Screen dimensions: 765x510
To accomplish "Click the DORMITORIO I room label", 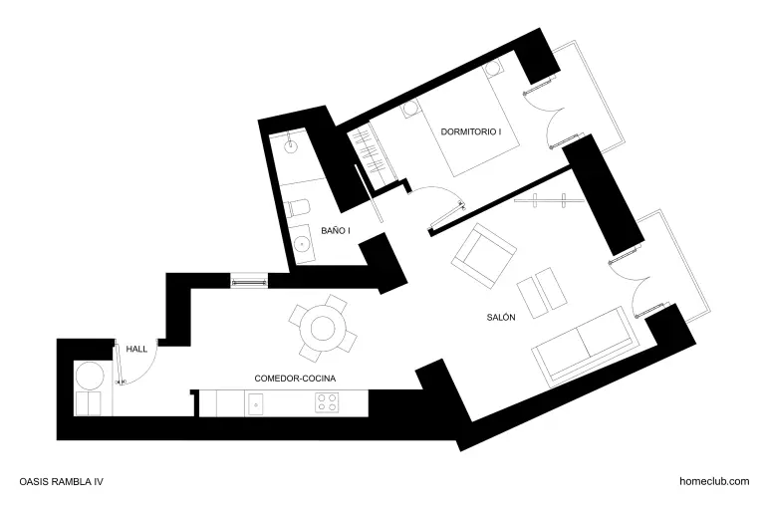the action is point(471,131).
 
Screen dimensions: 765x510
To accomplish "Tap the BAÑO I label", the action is point(336,230).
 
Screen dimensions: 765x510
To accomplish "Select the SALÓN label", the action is point(501,317).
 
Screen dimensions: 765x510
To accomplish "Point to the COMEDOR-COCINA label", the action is point(295,379).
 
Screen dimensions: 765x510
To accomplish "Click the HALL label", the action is point(136,349).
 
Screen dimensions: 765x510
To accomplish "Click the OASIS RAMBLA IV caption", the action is point(62,482).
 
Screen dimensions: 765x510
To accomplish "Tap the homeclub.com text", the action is point(714,481).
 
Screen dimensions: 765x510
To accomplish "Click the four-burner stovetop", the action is point(327,403).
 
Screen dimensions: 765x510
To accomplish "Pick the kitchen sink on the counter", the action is point(256,404).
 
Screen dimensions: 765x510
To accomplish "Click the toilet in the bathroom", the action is point(299,208).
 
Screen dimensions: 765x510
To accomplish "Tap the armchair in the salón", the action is point(484,255).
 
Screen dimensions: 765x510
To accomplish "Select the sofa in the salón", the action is point(584,347).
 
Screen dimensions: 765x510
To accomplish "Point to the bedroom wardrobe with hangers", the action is point(374,154).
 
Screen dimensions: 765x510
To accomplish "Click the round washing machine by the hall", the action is point(90,376).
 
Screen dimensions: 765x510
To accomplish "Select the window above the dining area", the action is point(249,281).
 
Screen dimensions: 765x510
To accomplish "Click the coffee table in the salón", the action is point(542,292).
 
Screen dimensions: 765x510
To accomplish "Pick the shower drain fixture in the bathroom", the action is point(291,144).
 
